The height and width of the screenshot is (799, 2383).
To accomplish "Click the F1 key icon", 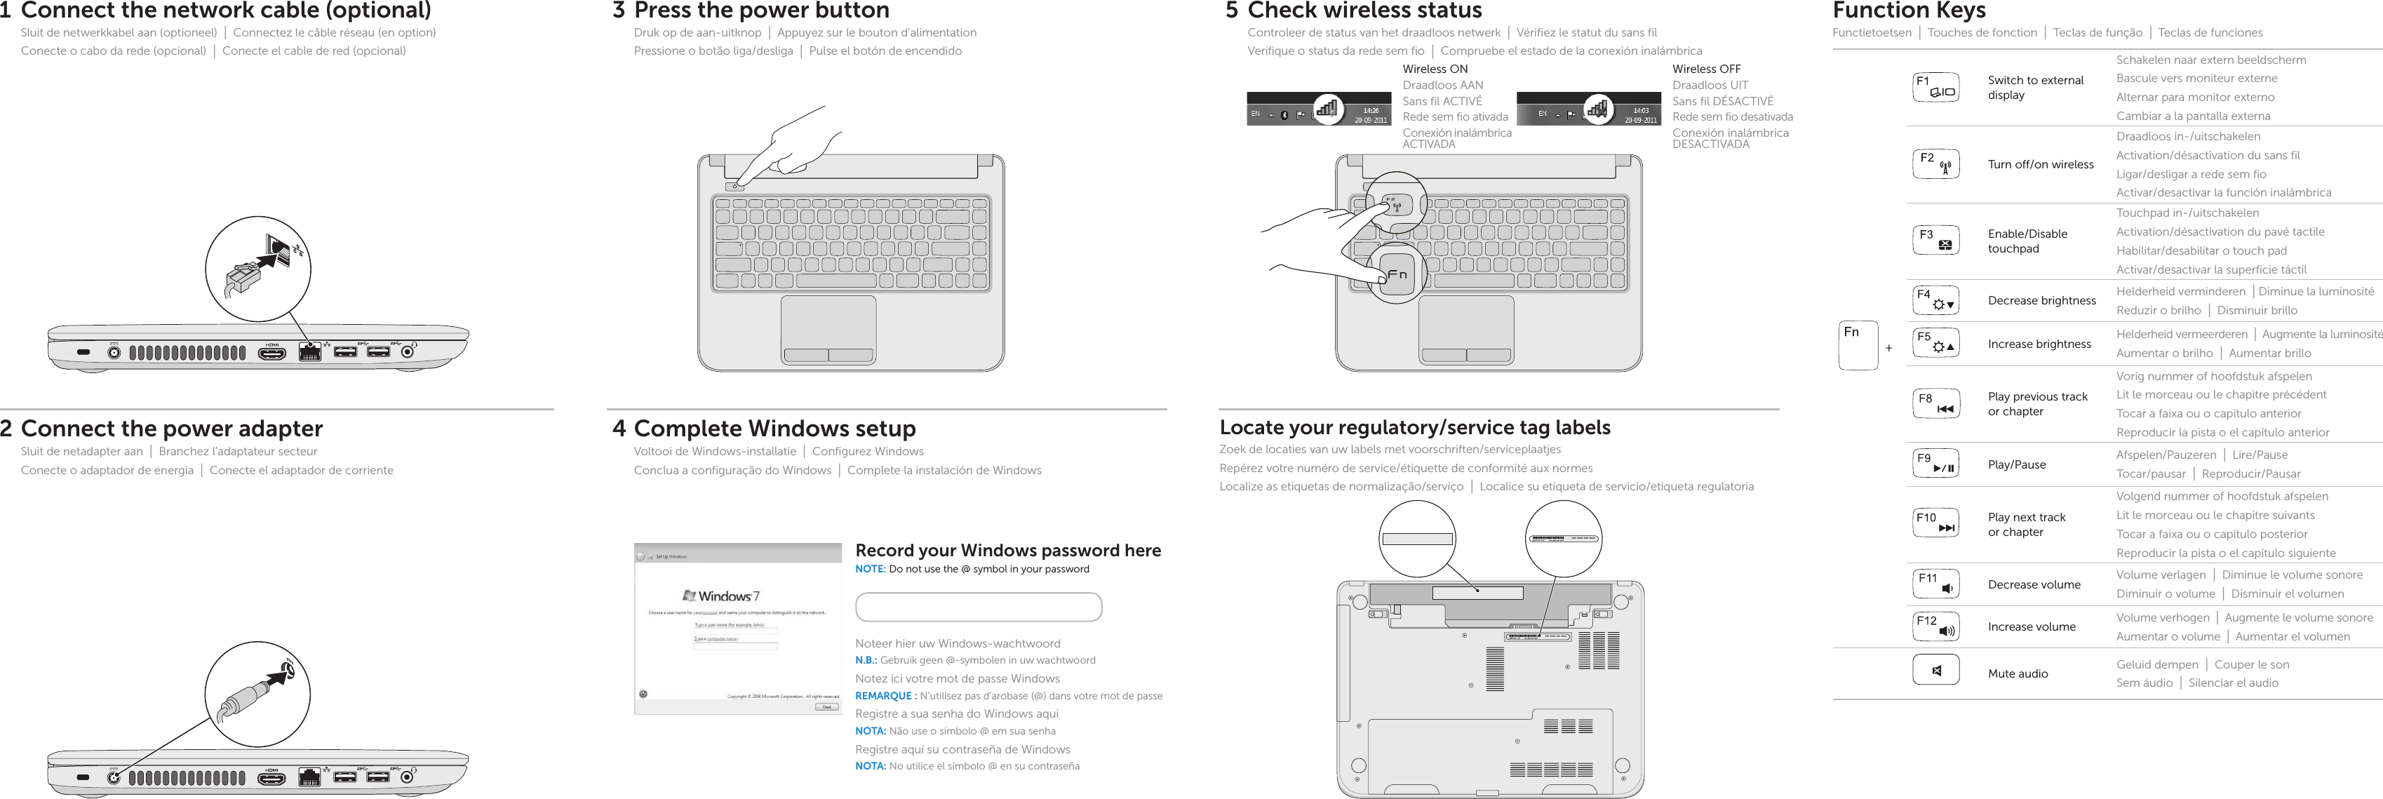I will tap(1935, 87).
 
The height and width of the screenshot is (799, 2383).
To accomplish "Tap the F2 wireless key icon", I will tap(1935, 163).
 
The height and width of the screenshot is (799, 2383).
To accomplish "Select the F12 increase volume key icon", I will tap(1935, 626).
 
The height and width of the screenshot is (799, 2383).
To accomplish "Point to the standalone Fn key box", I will tap(1858, 345).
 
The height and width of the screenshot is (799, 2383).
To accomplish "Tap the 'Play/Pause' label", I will tap(2017, 464).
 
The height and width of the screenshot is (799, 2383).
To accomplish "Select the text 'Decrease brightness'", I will tap(2041, 300).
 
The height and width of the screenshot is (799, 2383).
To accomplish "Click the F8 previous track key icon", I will tap(1935, 403).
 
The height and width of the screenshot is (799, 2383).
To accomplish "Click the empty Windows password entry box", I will tap(978, 607).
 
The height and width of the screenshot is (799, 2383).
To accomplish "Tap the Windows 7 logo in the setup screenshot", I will tap(722, 596).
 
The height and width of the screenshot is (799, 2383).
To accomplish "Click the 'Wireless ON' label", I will tap(1435, 69).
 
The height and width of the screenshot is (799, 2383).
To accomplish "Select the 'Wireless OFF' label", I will tap(1706, 69).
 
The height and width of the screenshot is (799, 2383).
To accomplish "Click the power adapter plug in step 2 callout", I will tap(245, 700).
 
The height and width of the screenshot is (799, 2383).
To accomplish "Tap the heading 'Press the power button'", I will tap(760, 11).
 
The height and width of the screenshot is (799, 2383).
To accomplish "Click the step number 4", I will tap(619, 428).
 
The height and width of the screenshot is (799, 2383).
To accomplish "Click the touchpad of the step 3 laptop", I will tap(828, 323).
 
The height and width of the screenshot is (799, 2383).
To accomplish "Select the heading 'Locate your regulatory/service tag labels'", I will tap(1414, 427).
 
